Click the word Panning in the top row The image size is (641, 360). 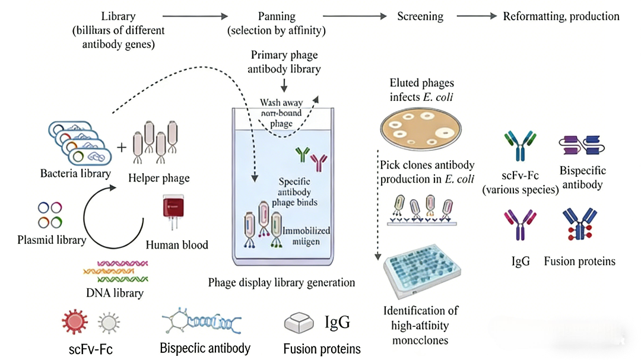click(x=277, y=16)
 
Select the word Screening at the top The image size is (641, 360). click(x=420, y=16)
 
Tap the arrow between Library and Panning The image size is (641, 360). click(x=195, y=16)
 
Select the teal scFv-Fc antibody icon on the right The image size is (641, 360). click(x=521, y=146)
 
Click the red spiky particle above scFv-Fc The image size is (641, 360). click(x=75, y=322)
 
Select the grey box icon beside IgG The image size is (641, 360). click(x=300, y=323)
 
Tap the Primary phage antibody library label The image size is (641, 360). click(x=284, y=62)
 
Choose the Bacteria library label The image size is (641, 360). click(x=75, y=174)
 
